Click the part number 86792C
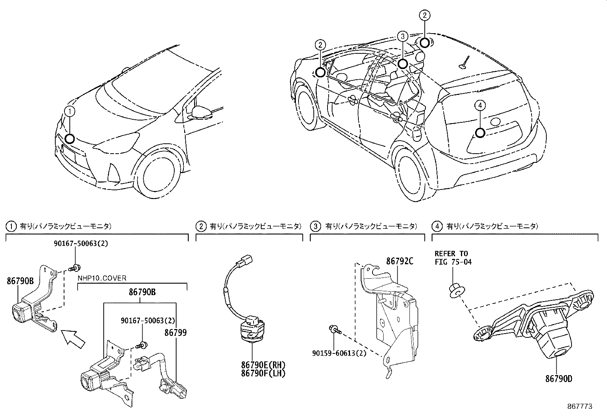[400, 261]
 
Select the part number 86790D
[558, 379]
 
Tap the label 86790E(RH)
[263, 365]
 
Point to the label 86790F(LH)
[263, 373]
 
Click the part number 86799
[175, 333]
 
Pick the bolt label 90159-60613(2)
[339, 353]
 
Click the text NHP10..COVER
[102, 278]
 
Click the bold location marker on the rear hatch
[480, 133]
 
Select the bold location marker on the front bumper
[70, 138]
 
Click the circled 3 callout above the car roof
[402, 36]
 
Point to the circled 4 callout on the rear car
[480, 105]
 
